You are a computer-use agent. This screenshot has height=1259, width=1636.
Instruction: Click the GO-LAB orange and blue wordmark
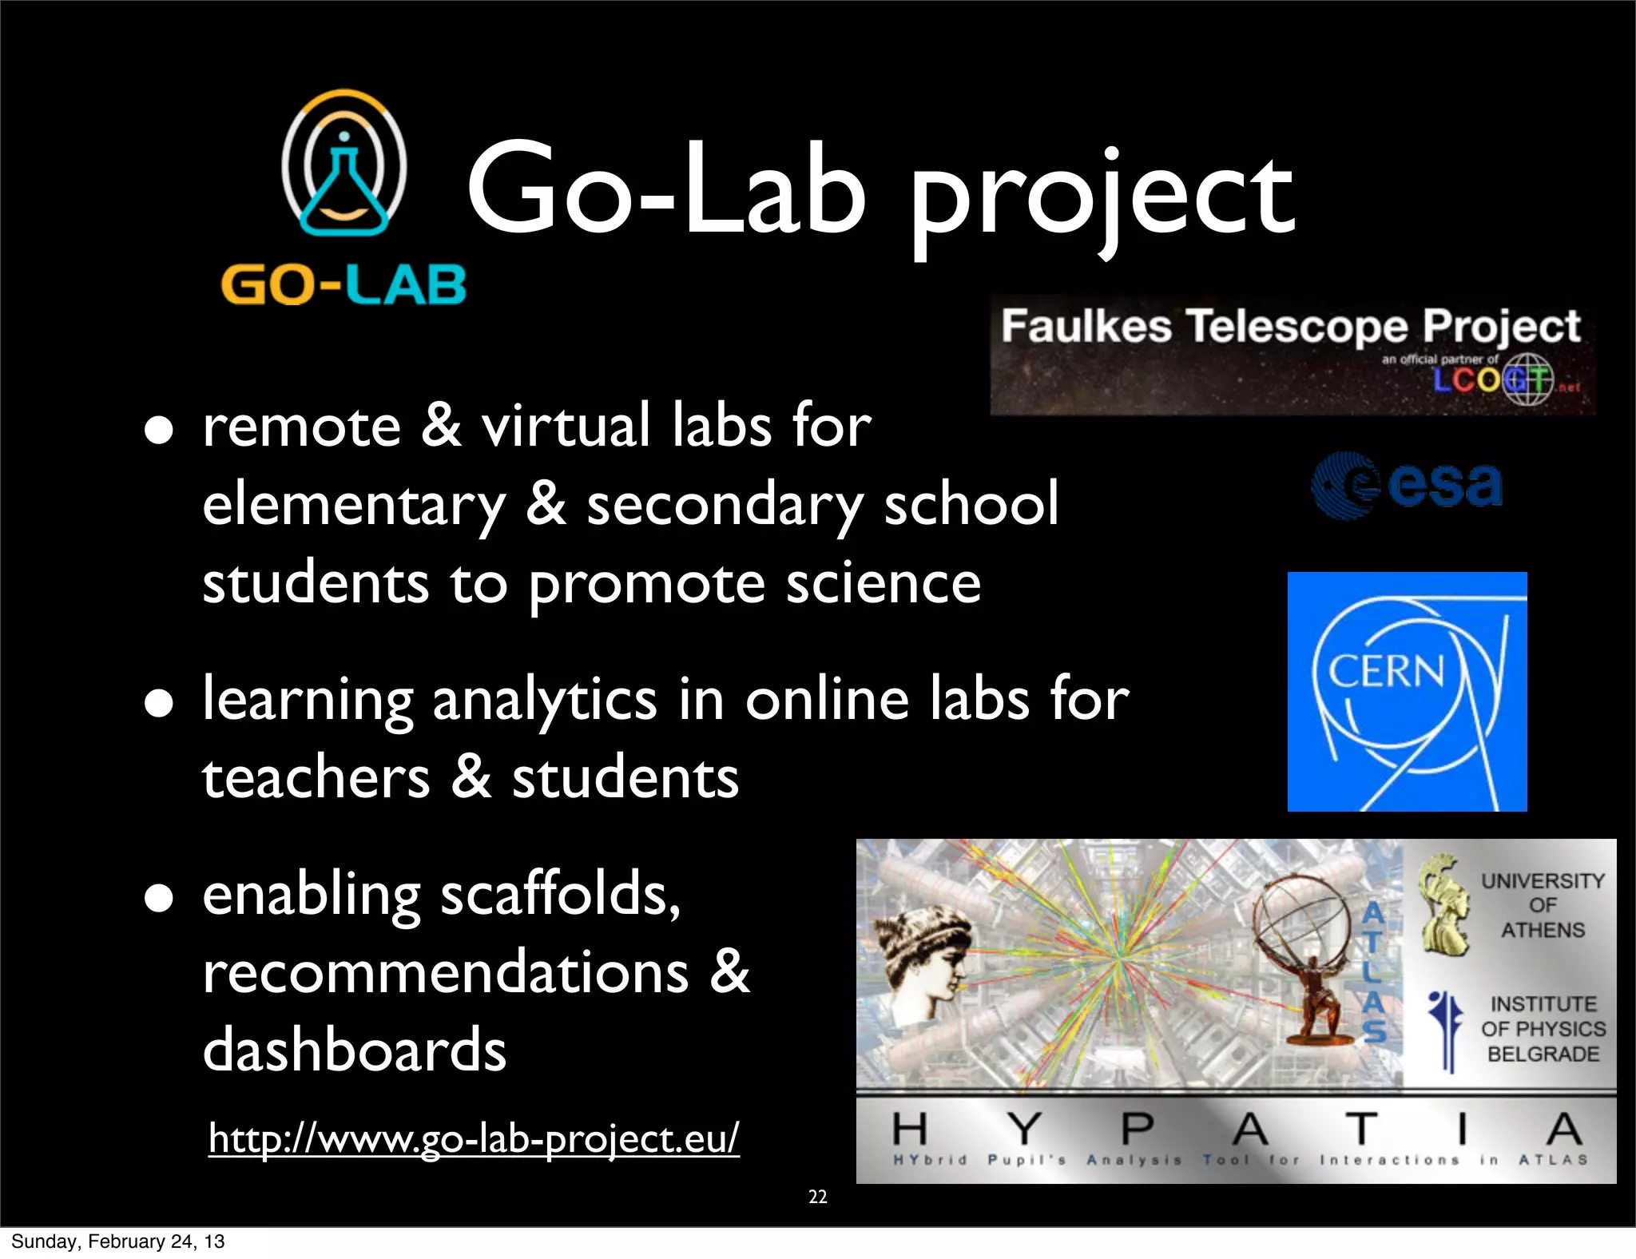(x=343, y=284)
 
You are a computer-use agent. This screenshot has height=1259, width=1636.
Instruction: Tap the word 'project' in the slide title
(x=1102, y=196)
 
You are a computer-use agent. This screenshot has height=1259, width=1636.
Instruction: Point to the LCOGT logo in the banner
(x=1494, y=379)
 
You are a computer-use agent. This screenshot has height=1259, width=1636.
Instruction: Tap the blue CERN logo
(x=1407, y=692)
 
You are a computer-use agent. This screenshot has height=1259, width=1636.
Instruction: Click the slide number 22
(x=817, y=1196)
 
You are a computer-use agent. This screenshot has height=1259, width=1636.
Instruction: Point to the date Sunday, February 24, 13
(x=117, y=1241)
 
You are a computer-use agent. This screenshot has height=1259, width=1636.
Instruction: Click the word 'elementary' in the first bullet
(x=354, y=505)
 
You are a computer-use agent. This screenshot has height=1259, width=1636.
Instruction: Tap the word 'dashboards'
(x=355, y=1050)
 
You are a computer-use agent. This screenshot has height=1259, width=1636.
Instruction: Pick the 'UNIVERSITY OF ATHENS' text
(x=1542, y=905)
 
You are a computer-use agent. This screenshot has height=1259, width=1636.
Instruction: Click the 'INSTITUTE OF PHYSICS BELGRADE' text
(x=1543, y=1029)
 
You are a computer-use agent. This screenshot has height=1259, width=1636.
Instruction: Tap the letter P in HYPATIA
(x=1137, y=1129)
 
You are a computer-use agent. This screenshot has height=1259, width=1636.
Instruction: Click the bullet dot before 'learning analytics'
(x=159, y=704)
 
